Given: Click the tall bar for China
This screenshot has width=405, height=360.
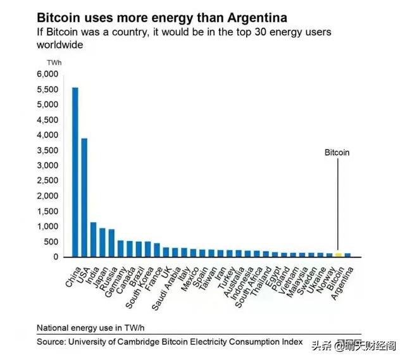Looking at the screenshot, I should click(x=75, y=171).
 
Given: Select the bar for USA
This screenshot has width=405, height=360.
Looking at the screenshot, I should click(x=84, y=197).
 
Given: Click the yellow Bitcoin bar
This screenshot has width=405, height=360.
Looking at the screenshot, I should click(x=339, y=254).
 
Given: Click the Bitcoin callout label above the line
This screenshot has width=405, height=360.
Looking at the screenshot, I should click(x=337, y=152).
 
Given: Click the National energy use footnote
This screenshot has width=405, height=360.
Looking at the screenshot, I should click(x=87, y=328).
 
